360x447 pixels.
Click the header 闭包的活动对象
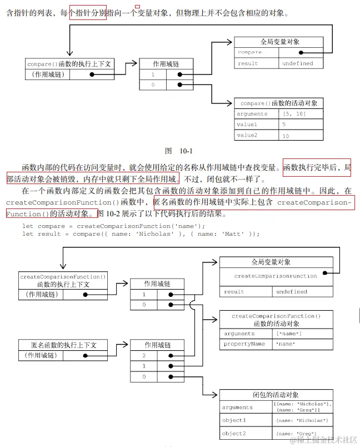[276, 395]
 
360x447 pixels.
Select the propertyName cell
[244, 344]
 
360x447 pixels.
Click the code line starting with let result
[141, 234]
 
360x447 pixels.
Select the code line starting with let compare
[113, 226]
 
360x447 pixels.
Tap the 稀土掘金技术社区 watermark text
[324, 439]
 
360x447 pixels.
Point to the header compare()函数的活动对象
[279, 103]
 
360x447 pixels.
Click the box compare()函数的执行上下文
[69, 64]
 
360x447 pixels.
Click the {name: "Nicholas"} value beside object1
[303, 420]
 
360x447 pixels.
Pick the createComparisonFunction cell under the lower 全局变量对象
[276, 276]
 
